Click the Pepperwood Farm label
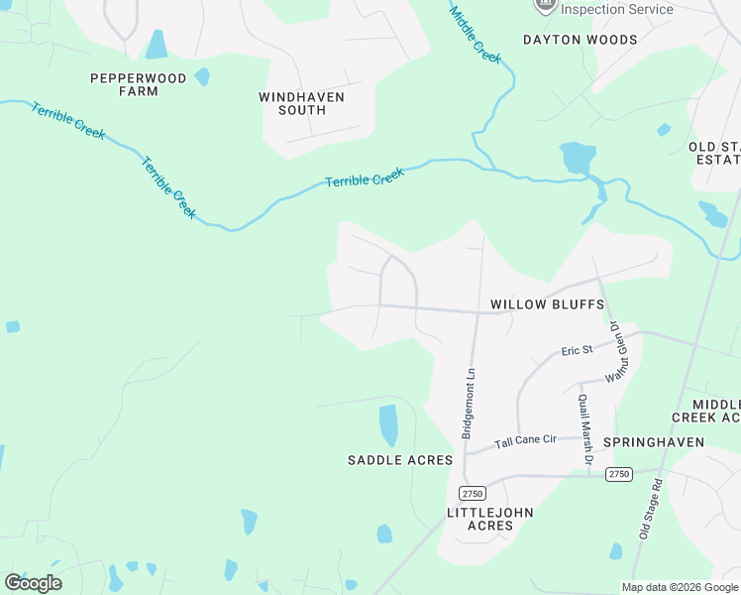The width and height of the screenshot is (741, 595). click(125, 84)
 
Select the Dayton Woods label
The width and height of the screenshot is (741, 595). click(580, 40)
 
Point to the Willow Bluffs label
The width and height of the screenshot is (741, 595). click(547, 303)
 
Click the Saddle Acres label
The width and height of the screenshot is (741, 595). click(399, 460)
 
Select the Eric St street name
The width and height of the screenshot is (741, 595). click(576, 350)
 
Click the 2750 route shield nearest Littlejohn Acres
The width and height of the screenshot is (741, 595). click(472, 493)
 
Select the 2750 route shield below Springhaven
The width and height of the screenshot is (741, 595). click(619, 474)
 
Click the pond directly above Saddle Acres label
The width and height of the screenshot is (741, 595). click(388, 424)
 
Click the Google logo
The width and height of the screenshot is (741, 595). click(34, 583)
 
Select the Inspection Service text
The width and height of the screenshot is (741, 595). click(616, 9)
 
